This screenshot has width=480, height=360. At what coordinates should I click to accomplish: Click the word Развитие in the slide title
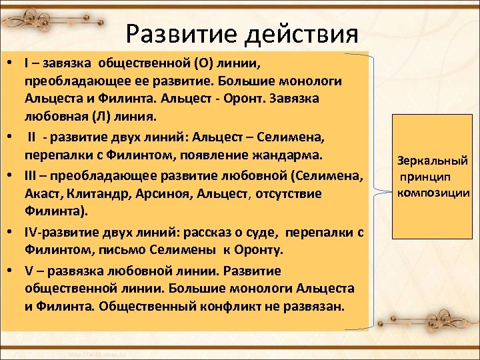(171, 33)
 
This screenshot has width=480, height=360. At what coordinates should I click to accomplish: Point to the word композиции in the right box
(433, 193)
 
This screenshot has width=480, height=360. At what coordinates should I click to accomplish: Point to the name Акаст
(44, 194)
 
